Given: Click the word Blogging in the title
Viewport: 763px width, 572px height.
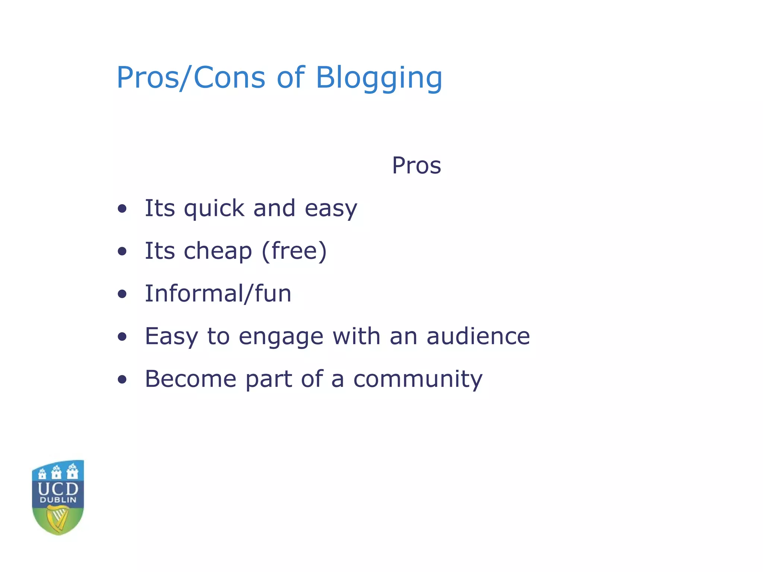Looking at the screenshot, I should pyautogui.click(x=379, y=78).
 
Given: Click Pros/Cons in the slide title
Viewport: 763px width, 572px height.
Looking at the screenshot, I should pyautogui.click(x=191, y=77).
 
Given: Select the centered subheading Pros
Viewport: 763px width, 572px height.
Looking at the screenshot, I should pyautogui.click(x=416, y=165).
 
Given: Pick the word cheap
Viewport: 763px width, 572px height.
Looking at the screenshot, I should pyautogui.click(x=218, y=251).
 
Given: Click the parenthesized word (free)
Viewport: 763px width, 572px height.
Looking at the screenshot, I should pyautogui.click(x=294, y=251).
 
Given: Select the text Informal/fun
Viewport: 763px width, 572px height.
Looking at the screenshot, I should pyautogui.click(x=218, y=293).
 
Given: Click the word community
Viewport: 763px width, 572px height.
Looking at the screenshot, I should pyautogui.click(x=418, y=379).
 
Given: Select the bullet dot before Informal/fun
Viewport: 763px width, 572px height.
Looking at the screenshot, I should pyautogui.click(x=122, y=294).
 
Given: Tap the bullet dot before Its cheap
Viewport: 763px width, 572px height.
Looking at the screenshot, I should pyautogui.click(x=122, y=251).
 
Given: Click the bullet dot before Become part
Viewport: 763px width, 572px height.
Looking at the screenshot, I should pyautogui.click(x=122, y=379).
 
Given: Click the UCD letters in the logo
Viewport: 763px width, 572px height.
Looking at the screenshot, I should pyautogui.click(x=58, y=489).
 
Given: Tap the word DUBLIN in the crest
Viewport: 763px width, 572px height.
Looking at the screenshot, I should pyautogui.click(x=58, y=500).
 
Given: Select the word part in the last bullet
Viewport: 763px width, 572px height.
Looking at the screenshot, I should pyautogui.click(x=268, y=379).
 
